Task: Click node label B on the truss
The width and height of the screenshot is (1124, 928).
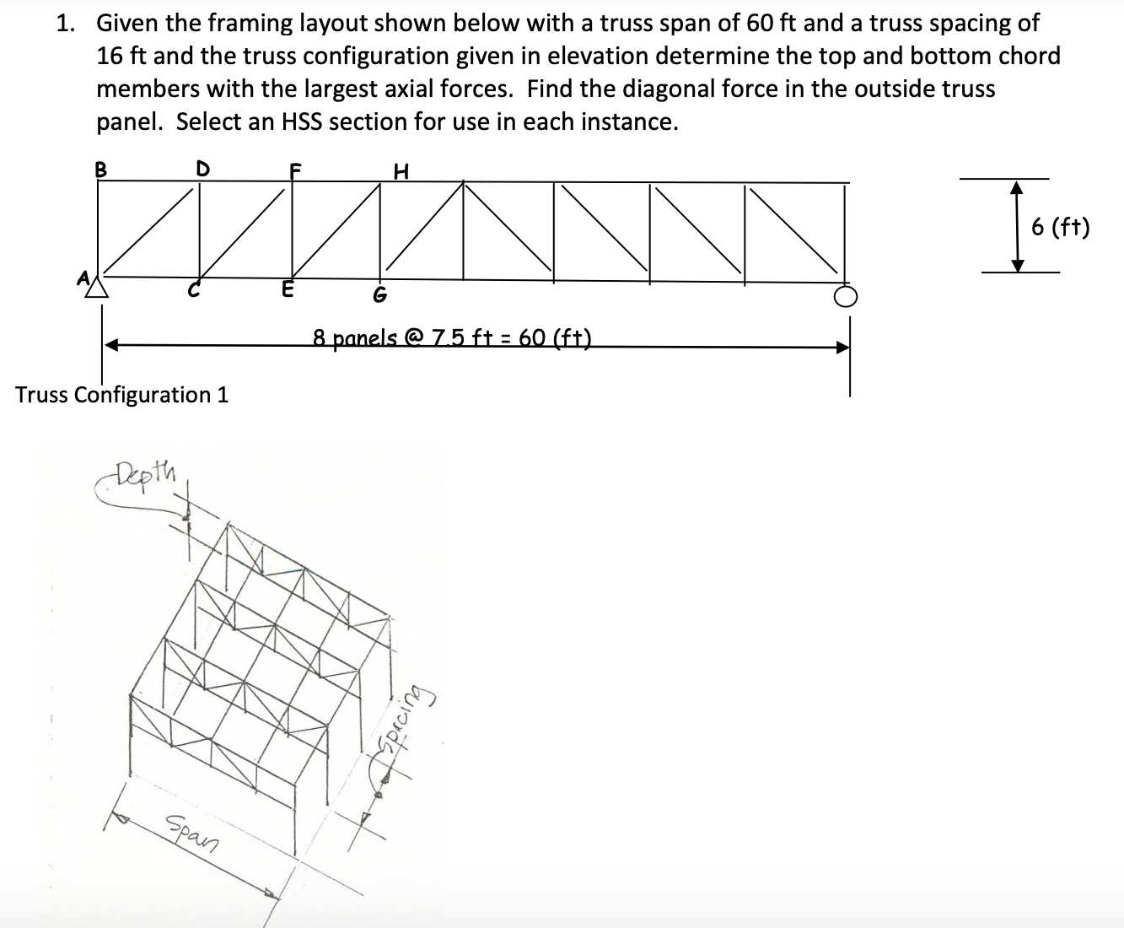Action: tap(101, 168)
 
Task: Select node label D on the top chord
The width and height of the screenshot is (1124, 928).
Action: tap(202, 168)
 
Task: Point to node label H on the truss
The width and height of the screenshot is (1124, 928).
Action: tap(401, 171)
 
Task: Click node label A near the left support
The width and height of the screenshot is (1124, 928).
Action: tap(83, 278)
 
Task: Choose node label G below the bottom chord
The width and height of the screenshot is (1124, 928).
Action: tap(379, 295)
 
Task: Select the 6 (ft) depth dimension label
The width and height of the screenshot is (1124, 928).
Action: tap(1061, 227)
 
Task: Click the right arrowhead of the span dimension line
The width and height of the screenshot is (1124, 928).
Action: tap(841, 346)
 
